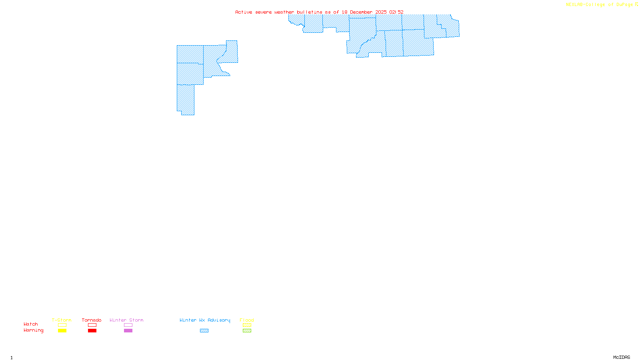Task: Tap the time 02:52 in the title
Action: (x=396, y=12)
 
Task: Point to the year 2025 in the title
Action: (x=381, y=12)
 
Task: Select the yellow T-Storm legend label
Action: (x=62, y=320)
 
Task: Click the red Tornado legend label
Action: (x=92, y=320)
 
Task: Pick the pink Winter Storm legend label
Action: (x=126, y=320)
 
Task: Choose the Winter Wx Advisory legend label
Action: (x=205, y=320)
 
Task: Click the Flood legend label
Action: (x=247, y=320)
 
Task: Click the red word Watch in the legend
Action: (x=31, y=324)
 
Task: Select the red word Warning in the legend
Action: (x=33, y=330)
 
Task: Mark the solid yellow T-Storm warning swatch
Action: (x=62, y=331)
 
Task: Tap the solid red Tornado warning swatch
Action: (x=92, y=331)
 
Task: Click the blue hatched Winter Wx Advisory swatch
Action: (x=204, y=331)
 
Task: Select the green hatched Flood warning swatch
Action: (x=247, y=331)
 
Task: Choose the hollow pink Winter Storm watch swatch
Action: (x=128, y=325)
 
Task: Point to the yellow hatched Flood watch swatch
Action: (x=247, y=325)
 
